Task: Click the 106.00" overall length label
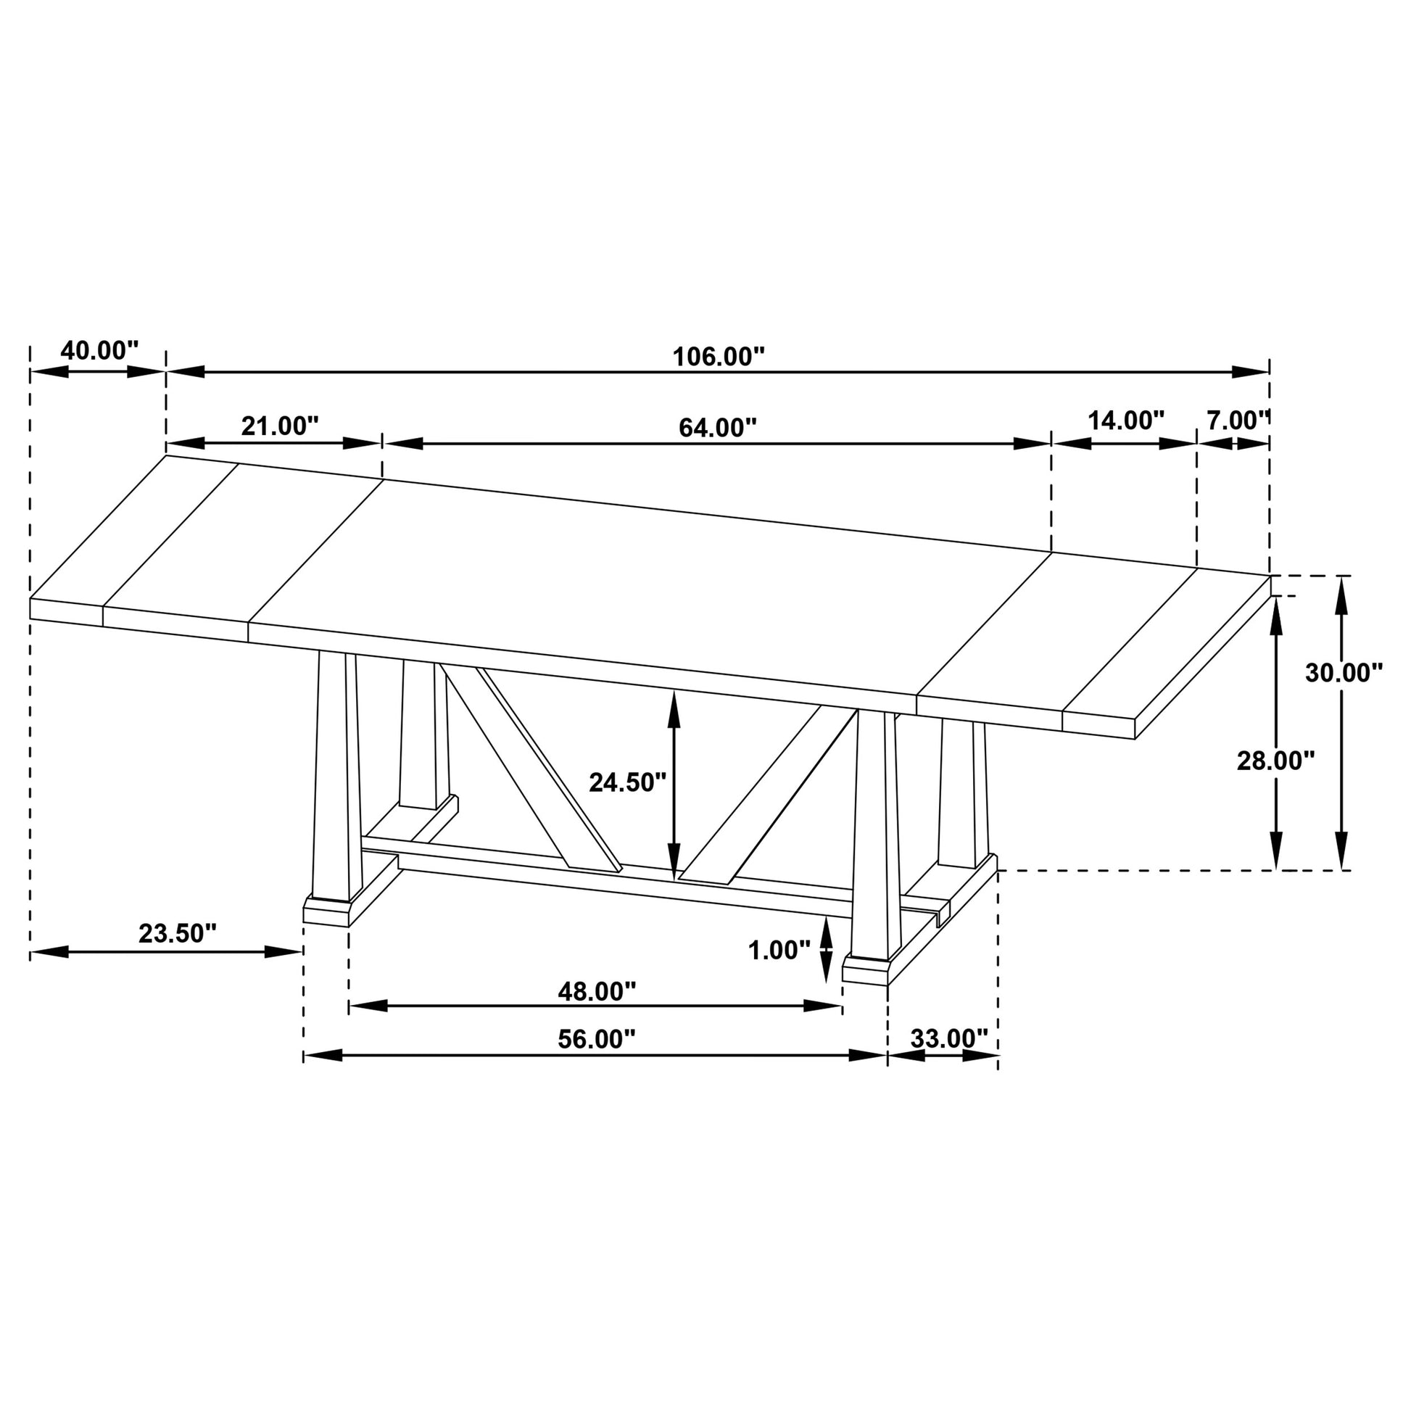(x=718, y=357)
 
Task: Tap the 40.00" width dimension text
(x=99, y=350)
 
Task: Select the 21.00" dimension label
(x=280, y=426)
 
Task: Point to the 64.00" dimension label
(x=717, y=427)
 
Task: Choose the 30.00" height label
(x=1344, y=673)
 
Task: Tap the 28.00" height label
(x=1275, y=761)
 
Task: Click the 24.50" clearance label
(x=627, y=782)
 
